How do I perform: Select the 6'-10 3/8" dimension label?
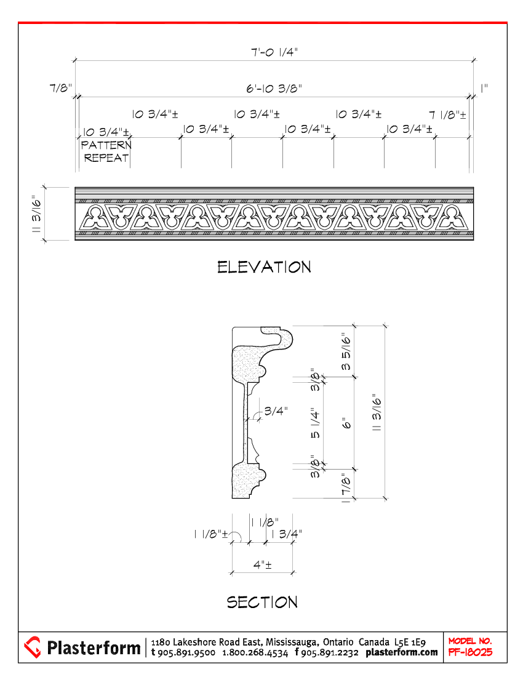pyautogui.click(x=274, y=89)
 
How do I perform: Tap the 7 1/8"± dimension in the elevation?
pyautogui.click(x=447, y=114)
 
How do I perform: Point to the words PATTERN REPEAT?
pyautogui.click(x=106, y=151)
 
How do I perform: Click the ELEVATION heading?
pyautogui.click(x=264, y=267)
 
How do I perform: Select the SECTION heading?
pyautogui.click(x=262, y=602)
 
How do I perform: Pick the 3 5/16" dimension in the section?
pyautogui.click(x=347, y=352)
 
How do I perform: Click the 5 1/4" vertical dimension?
pyautogui.click(x=316, y=425)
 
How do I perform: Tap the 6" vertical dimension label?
pyautogui.click(x=346, y=424)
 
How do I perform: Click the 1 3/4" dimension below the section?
pyautogui.click(x=287, y=534)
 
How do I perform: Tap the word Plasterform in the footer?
pyautogui.click(x=94, y=647)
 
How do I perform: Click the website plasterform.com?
pyautogui.click(x=402, y=652)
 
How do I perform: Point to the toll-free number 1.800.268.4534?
pyautogui.click(x=255, y=652)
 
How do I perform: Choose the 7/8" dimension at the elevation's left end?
pyautogui.click(x=61, y=89)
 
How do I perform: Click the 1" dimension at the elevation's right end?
pyautogui.click(x=484, y=89)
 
